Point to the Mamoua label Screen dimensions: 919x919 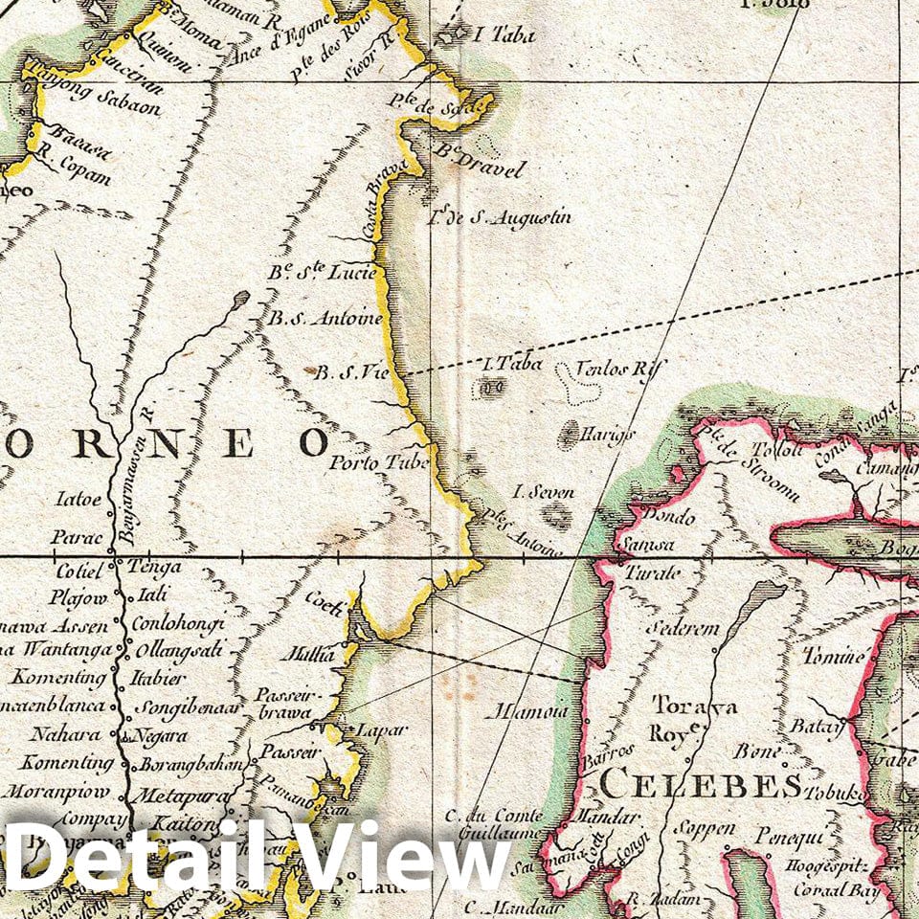[x=527, y=712]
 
